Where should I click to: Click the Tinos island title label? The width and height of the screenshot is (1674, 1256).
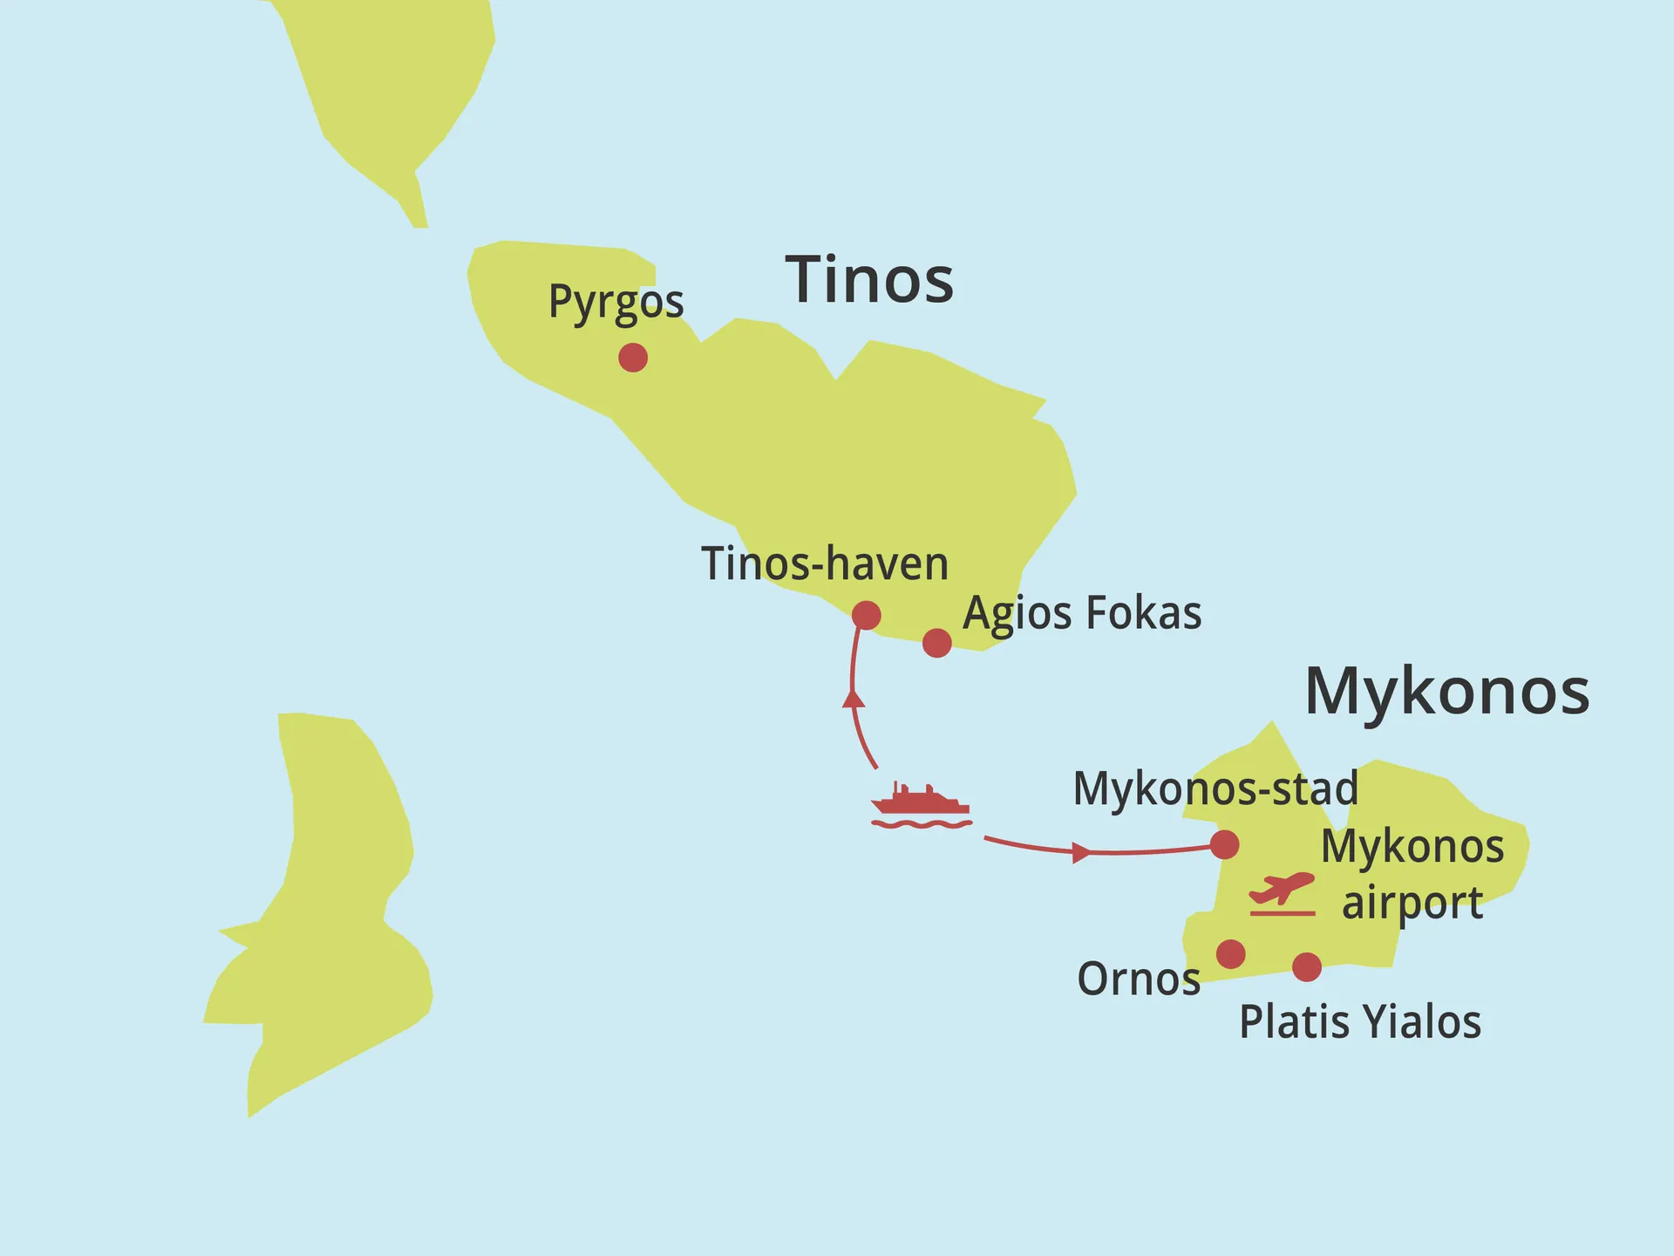coord(869,281)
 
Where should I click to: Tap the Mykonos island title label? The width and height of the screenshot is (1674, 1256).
coord(1446,692)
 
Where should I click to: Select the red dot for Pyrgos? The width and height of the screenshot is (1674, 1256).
coord(633,357)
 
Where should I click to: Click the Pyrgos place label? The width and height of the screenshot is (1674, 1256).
coord(616,303)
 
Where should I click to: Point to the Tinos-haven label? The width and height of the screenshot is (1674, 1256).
coord(824,563)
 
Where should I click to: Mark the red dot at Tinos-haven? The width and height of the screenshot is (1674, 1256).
coord(866,615)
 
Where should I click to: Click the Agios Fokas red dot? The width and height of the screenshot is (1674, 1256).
coord(936,643)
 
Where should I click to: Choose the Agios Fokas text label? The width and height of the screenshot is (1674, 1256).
coord(1082,613)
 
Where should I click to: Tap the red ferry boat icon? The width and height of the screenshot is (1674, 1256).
coord(921,805)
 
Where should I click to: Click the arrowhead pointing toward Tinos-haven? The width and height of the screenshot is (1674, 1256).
coord(854,697)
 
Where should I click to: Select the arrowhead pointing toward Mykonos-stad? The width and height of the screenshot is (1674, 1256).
coord(1080,852)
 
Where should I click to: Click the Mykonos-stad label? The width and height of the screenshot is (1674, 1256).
coord(1215,788)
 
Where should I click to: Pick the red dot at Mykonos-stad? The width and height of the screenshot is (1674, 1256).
coord(1224,843)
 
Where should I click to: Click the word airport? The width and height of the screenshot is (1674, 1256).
coord(1412,903)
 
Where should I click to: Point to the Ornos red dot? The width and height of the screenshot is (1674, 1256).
coord(1230,953)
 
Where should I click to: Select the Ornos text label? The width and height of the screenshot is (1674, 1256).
coord(1138,980)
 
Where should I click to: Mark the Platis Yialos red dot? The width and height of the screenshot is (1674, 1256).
coord(1306,966)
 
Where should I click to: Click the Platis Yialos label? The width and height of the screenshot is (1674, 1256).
coord(1359,1022)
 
